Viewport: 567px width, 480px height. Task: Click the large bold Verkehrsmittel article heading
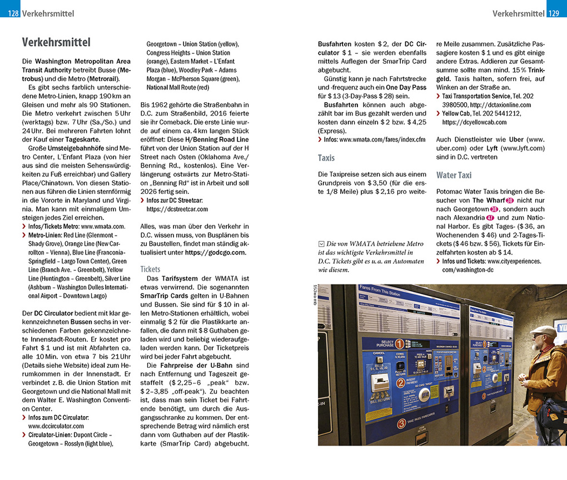[x=56, y=42]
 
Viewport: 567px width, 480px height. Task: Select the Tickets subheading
[x=151, y=269]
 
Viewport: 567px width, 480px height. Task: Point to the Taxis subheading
[x=326, y=158]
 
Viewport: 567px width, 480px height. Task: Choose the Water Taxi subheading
[x=454, y=175]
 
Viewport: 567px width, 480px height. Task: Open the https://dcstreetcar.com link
[x=177, y=209]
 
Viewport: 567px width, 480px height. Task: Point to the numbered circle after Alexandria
[x=490, y=218]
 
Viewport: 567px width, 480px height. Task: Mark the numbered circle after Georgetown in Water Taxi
[x=493, y=209]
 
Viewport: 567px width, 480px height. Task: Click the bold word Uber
[x=516, y=139]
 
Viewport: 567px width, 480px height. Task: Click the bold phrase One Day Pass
[x=406, y=87]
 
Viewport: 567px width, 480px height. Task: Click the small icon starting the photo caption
[x=321, y=244]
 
